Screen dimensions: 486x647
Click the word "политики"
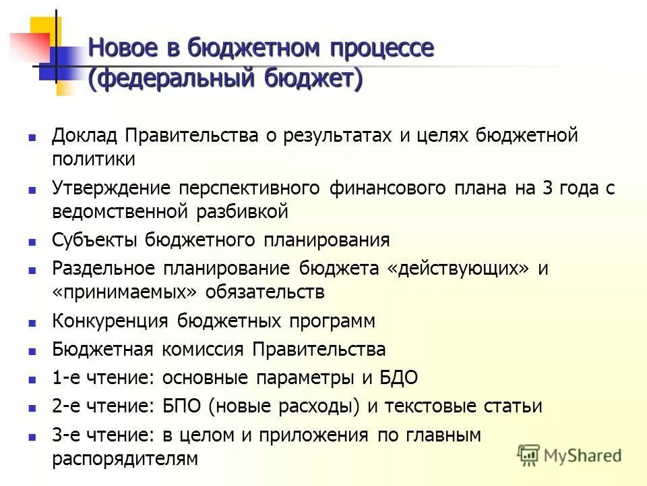point(94,160)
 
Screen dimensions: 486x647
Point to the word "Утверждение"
point(110,188)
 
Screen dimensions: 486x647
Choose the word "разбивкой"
point(243,212)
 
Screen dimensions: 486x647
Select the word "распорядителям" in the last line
point(125,459)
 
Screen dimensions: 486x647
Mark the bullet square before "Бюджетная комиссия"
point(32,351)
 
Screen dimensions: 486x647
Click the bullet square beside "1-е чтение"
point(32,379)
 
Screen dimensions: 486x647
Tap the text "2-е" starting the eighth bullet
point(65,406)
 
